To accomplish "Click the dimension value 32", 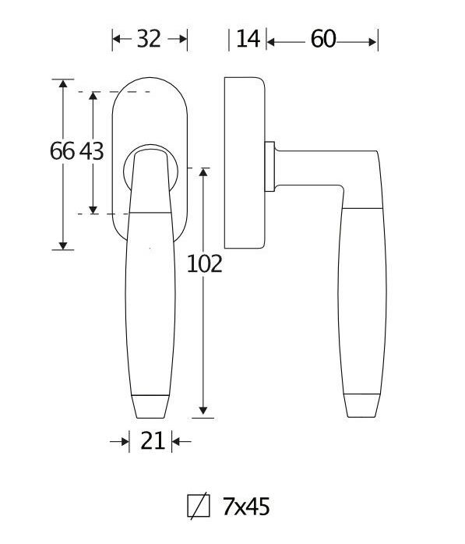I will click(150, 38).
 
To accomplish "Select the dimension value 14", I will click(247, 38).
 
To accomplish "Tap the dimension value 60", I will click(322, 38).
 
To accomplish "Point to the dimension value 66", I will click(62, 151).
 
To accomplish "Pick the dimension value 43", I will click(91, 151).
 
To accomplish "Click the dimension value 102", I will click(205, 264).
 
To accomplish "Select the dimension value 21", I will click(153, 442).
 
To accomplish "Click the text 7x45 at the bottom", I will click(245, 507).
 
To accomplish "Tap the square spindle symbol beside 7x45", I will click(199, 507).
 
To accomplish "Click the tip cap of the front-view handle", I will click(150, 406).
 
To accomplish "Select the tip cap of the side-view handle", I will click(363, 406).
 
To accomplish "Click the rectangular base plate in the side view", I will click(245, 162).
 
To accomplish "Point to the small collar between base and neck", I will click(270, 166).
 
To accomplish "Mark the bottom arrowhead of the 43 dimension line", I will click(93, 208).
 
